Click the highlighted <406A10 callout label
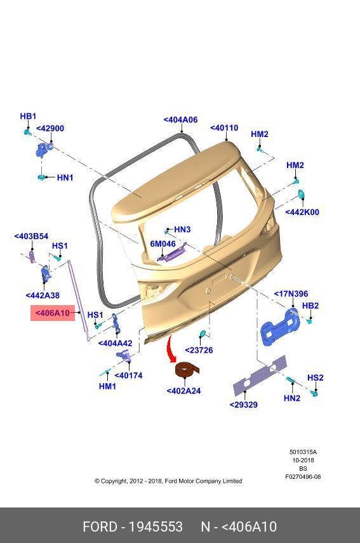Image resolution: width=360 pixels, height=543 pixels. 53,313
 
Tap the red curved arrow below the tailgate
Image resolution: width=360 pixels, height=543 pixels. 170,348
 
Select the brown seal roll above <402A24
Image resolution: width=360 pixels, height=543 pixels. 187,370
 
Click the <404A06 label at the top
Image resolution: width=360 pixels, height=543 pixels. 180,120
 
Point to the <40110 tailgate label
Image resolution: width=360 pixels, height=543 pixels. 224,128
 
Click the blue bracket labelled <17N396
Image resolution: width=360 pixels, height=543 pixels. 279,327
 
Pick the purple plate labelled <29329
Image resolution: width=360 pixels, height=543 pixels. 260,376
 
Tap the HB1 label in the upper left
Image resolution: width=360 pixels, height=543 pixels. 28,116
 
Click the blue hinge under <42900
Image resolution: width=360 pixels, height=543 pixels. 44,149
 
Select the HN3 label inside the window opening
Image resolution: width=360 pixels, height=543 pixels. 182,229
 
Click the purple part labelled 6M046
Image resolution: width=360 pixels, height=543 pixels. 172,254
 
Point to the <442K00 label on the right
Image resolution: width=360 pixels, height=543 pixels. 302,212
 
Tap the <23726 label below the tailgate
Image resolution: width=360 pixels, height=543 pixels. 199,350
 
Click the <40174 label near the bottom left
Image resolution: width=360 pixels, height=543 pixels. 128,376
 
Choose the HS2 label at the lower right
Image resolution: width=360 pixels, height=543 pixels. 316,377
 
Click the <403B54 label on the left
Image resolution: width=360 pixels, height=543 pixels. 31,236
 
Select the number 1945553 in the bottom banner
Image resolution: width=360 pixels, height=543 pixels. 156,527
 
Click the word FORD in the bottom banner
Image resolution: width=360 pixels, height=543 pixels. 100,527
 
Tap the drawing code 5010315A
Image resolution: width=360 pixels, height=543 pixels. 303,452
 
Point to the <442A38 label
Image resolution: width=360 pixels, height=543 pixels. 43,296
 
